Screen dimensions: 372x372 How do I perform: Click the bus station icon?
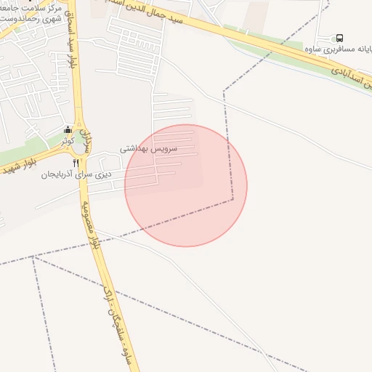340,39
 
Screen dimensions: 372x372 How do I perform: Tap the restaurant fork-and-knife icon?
76,163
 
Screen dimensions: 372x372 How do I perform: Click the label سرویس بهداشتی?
144,147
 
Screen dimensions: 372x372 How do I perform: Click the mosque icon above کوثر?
68,130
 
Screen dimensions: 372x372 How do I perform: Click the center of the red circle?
186,185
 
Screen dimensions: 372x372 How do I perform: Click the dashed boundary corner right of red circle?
233,198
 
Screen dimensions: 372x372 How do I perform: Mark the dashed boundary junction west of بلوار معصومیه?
33,256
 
